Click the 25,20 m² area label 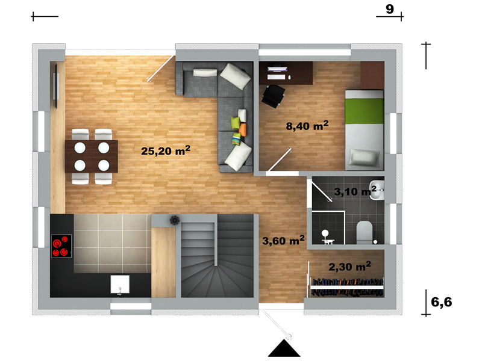click(x=166, y=150)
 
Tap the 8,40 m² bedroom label click(x=307, y=125)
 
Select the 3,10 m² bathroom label click(x=355, y=191)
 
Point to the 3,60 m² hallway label click(x=283, y=240)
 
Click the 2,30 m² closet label click(x=350, y=267)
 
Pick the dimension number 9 click(x=390, y=9)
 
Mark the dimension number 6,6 click(x=442, y=302)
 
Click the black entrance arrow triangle click(x=284, y=348)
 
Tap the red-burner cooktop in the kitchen click(x=61, y=246)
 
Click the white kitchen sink click(x=120, y=285)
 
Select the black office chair click(x=273, y=96)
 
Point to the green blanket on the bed click(x=365, y=111)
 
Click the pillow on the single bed click(x=364, y=158)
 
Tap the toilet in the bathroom click(x=365, y=232)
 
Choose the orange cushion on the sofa click(x=243, y=129)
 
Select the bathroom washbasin click(x=377, y=190)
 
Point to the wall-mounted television click(x=56, y=86)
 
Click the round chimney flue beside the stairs click(x=174, y=220)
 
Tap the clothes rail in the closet click(x=347, y=287)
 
